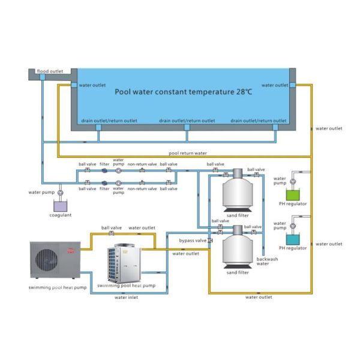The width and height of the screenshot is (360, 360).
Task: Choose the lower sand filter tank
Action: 236,248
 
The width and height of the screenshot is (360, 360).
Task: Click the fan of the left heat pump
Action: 47,260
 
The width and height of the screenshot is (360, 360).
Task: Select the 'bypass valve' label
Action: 193,240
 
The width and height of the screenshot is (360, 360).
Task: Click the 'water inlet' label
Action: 127,297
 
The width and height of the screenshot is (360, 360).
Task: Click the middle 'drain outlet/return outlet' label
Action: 187,121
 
